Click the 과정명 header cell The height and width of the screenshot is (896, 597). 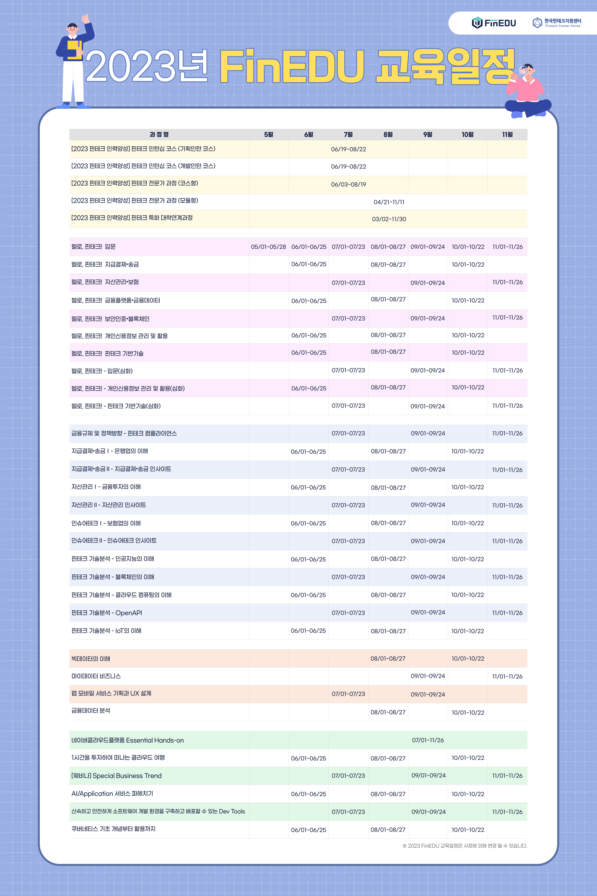159,134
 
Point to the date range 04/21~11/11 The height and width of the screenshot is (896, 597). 389,202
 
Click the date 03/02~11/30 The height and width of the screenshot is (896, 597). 389,219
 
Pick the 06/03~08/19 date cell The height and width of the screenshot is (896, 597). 348,184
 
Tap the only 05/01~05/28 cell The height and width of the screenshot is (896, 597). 268,247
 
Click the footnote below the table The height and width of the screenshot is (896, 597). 464,846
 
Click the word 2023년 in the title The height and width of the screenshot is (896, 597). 147,67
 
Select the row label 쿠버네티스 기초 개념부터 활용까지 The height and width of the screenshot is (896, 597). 113,829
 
